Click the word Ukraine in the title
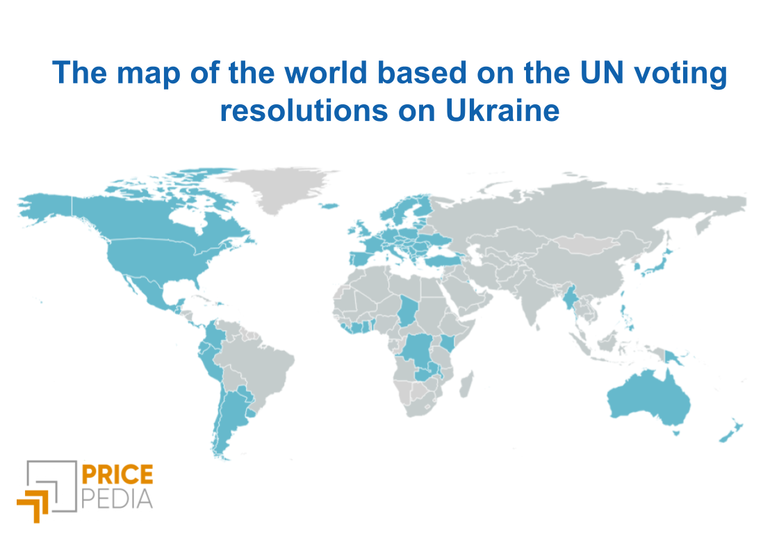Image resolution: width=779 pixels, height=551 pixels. [502, 110]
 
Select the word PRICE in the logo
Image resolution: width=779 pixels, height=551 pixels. [117, 475]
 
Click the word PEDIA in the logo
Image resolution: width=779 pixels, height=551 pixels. [117, 499]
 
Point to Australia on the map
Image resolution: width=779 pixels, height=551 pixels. [648, 400]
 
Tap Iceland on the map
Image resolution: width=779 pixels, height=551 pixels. [329, 206]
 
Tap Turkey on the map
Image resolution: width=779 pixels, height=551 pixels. [442, 261]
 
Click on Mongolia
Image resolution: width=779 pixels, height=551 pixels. [587, 243]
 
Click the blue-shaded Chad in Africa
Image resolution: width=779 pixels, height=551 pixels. [409, 311]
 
